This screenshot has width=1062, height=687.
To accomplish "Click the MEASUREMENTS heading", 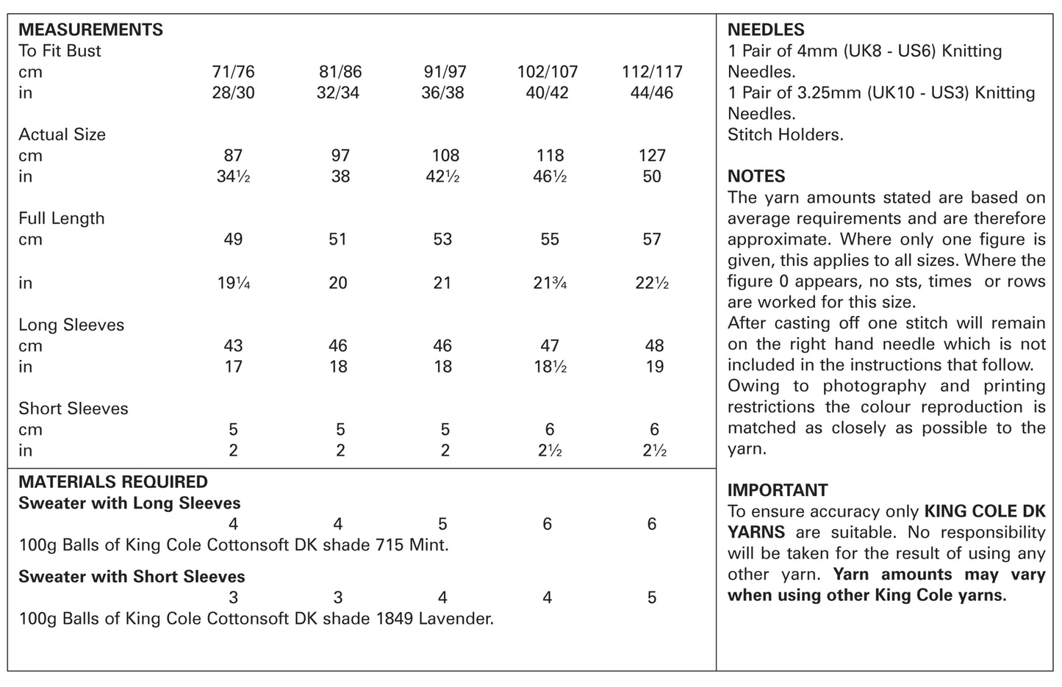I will pos(90,30).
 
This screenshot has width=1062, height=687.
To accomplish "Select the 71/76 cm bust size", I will pos(233,72).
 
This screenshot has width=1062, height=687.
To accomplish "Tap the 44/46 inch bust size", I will pos(652,93).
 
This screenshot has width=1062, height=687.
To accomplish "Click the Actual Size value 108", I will pos(445,156).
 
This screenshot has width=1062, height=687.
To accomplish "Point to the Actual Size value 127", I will pos(652,156).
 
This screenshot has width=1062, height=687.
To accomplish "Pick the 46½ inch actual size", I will pos(550,177).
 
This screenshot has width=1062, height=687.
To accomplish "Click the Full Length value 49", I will pos(233,240).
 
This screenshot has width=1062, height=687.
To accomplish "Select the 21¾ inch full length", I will pos(550,283).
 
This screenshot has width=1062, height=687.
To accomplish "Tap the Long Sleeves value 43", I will pos(233,346).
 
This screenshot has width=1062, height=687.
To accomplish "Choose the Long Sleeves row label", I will pos(71,325).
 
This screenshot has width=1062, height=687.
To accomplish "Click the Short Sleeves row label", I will pos(73,409).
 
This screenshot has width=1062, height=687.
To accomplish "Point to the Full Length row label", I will pos(62,219).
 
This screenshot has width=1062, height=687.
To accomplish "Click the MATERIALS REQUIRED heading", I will pos(113,482).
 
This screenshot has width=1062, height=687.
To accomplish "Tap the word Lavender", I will pos(456,619).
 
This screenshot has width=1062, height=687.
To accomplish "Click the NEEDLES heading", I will pos(766,30).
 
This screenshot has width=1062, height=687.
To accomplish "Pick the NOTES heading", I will pos(756,176).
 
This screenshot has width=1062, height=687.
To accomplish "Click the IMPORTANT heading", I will pos(778,490).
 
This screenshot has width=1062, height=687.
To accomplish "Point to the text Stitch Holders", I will pos(785,135).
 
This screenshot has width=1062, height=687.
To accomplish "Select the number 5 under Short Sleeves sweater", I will pos(652,597).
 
